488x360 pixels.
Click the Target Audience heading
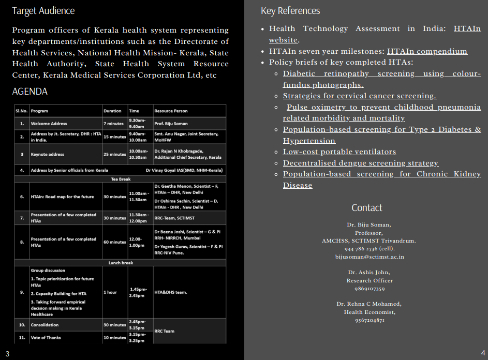43,11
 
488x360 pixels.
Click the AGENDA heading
29,92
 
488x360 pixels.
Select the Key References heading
290,11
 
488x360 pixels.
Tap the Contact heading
366,208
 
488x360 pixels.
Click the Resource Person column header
171,111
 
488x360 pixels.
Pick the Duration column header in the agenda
112,111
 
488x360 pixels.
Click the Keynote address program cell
48,154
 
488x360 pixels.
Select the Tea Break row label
121,179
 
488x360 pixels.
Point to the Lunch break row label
121,263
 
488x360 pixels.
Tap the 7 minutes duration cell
113,124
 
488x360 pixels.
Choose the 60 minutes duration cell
114,242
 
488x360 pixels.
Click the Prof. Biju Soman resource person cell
171,124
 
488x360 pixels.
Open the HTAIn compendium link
427,51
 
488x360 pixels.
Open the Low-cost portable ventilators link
339,152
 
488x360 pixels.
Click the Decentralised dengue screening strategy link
360,163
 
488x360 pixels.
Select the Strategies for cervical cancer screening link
359,96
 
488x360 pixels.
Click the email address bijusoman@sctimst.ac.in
369,257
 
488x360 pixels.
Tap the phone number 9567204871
369,320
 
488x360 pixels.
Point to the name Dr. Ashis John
369,272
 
